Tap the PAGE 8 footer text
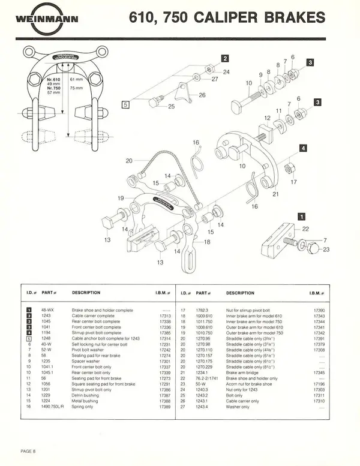tap(29, 450)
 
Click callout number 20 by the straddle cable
tap(128, 161)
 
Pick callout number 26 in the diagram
tap(202, 95)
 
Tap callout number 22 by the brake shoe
tap(306, 229)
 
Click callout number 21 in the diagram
tap(275, 194)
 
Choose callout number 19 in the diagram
tap(121, 198)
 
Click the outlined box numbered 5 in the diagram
tap(126, 104)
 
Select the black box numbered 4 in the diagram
tap(304, 148)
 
